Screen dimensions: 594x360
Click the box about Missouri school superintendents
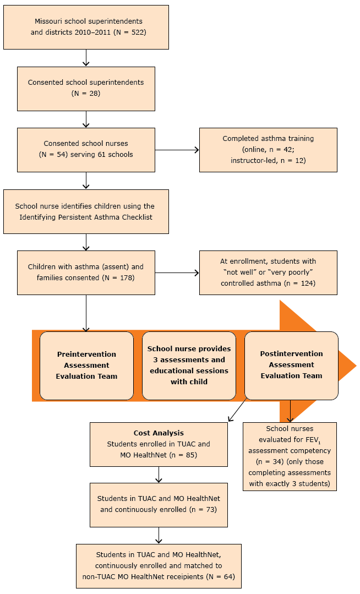point(86,26)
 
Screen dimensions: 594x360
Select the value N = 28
point(86,93)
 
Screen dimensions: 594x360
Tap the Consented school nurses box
point(86,149)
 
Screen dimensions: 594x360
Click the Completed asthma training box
point(268,150)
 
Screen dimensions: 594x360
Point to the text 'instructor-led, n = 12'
point(268,160)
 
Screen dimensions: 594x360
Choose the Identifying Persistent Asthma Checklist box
point(86,211)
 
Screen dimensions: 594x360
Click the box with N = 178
point(86,272)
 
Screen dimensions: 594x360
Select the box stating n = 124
point(268,272)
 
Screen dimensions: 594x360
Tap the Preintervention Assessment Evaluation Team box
point(86,365)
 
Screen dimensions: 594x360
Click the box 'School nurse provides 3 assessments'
point(189,365)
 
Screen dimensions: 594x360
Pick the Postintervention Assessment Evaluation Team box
point(291,365)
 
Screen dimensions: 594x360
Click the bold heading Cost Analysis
point(159,433)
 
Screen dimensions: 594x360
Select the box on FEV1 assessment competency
point(290,456)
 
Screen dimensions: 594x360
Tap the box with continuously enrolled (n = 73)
point(159,504)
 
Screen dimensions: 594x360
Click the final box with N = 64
point(159,566)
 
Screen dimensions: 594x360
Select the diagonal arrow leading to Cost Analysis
point(237,411)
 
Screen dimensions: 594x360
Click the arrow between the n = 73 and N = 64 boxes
point(159,535)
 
